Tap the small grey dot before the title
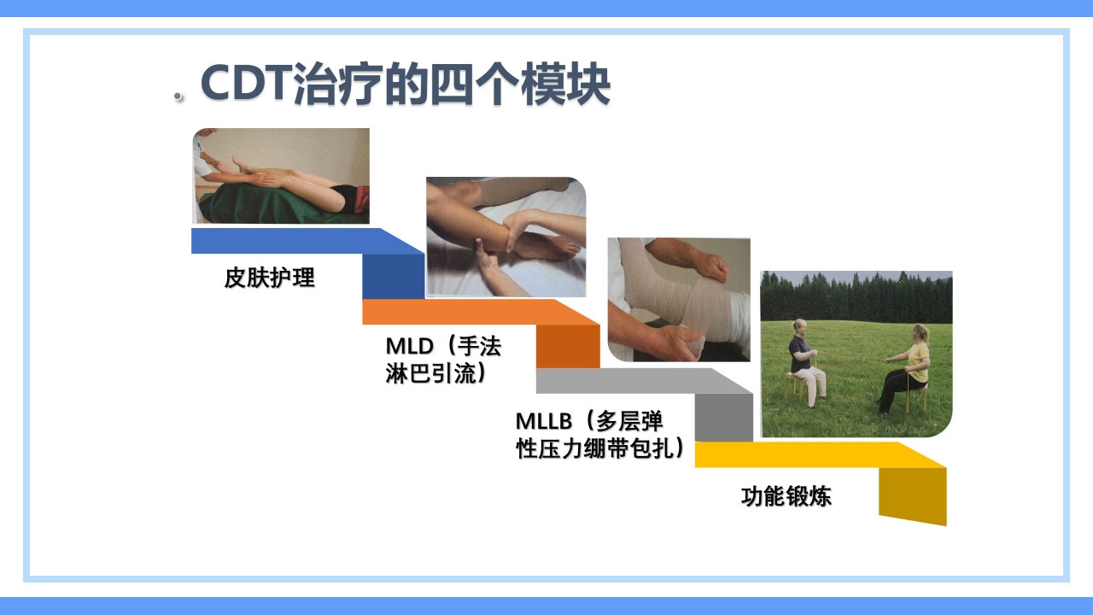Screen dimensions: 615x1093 pos(178,97)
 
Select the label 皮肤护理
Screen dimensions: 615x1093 pos(270,278)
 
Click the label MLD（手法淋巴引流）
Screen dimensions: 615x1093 pos(443,360)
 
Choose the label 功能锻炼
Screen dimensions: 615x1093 pos(786,496)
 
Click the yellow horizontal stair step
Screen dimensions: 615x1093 pos(803,454)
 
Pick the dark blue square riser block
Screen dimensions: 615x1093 pos(393,277)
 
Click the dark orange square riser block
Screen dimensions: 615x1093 pos(567,347)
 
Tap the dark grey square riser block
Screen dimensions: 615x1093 pos(723,418)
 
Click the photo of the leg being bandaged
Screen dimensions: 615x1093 pos(679,299)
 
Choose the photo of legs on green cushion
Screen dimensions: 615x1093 pos(281,176)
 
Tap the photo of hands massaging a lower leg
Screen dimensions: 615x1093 pos(506,237)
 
